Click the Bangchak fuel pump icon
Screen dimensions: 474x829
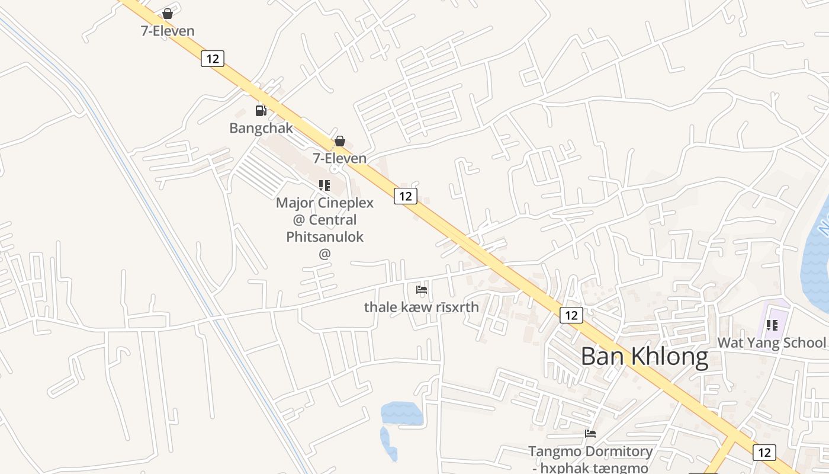(x=261, y=111)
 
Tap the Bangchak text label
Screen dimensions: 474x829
(x=261, y=128)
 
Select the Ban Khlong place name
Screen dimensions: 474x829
(x=644, y=357)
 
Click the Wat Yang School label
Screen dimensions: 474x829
(x=771, y=342)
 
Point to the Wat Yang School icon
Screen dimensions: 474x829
(x=772, y=325)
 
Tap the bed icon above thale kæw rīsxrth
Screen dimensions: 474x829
(x=422, y=290)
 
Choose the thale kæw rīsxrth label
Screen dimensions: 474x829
(x=421, y=307)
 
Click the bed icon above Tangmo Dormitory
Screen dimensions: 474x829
(x=590, y=434)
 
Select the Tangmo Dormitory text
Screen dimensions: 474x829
(x=590, y=451)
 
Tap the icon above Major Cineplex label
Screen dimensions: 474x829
(x=324, y=185)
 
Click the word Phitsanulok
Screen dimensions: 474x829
(x=324, y=237)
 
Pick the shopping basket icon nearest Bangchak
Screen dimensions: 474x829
(x=340, y=141)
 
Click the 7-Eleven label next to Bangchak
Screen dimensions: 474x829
(x=340, y=158)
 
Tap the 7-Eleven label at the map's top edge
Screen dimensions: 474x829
(x=168, y=31)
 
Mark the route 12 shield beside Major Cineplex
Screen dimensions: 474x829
(x=406, y=196)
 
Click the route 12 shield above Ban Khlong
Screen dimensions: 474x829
(x=571, y=315)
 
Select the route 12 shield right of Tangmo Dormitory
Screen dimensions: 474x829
(x=764, y=453)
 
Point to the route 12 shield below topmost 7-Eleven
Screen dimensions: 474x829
(x=213, y=59)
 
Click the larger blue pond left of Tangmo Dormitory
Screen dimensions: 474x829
(x=401, y=413)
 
